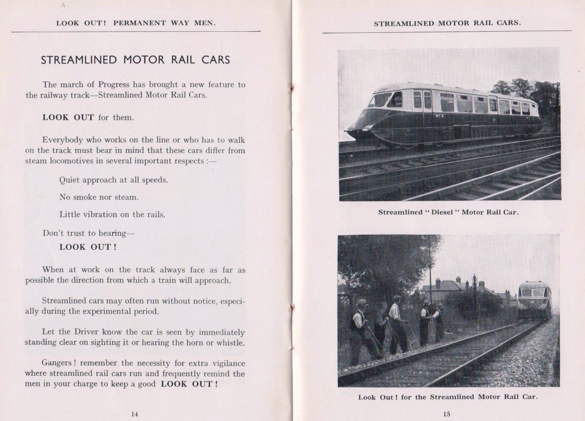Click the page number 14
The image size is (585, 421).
point(135,414)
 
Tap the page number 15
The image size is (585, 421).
point(447,414)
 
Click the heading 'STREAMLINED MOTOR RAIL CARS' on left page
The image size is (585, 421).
point(136,60)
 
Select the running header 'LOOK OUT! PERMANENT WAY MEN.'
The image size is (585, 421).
point(136,23)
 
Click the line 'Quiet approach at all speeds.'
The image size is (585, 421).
point(114,180)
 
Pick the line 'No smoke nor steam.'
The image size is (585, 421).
point(99,197)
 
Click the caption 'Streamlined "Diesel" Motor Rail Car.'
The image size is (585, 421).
point(448,212)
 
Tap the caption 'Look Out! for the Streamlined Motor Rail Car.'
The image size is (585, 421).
point(448,397)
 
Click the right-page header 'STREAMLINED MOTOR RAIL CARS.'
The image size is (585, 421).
point(447,23)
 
